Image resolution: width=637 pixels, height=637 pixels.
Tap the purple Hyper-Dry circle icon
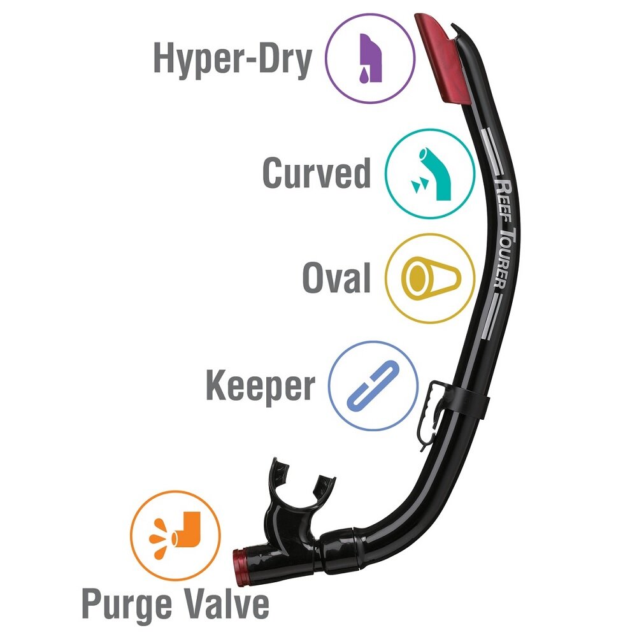coord(371,59)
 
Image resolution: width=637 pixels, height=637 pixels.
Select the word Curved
coord(317,173)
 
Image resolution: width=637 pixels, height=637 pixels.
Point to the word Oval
coord(336,278)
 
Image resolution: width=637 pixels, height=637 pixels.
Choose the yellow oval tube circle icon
coord(431,278)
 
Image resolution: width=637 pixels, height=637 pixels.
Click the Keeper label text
coord(261,386)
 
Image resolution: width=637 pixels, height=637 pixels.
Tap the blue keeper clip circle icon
coord(374,385)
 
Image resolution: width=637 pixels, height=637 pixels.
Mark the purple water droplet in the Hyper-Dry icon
coord(363,75)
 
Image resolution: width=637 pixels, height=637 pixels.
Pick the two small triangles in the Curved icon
coord(419,185)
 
